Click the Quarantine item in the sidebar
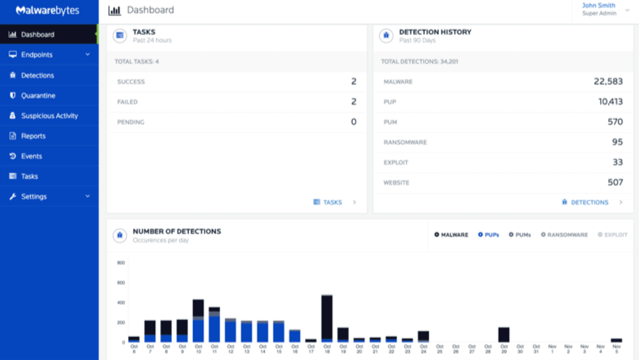38,95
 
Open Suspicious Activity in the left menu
49,116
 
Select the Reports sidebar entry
33,136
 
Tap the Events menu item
31,156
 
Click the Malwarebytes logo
47,10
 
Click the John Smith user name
599,5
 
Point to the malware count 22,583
608,81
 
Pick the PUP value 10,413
610,102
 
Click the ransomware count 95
617,142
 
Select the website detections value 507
615,183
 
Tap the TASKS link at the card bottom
332,202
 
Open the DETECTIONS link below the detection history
589,202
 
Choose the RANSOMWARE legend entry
564,235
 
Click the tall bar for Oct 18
327,318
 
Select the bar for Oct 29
504,334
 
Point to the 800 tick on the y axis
121,263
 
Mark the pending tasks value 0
354,122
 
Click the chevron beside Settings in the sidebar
87,197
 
